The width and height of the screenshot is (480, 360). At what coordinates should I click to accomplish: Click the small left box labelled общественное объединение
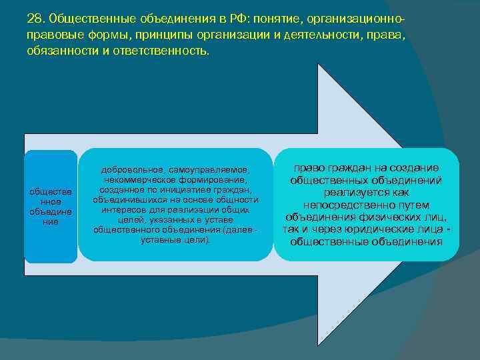[51, 206]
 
